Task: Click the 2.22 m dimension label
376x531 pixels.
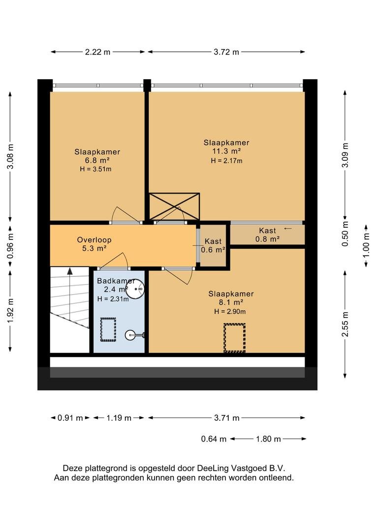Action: [x=97, y=52]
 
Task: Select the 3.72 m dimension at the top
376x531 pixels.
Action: [x=226, y=52]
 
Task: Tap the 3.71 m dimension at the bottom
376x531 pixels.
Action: [x=227, y=418]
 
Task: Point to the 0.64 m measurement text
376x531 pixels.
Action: [x=214, y=439]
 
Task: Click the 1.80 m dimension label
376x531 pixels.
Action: [x=268, y=439]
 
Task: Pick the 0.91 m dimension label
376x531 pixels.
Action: [x=70, y=418]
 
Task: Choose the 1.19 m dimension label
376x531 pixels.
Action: [x=119, y=418]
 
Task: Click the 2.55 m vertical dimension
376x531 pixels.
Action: [x=345, y=324]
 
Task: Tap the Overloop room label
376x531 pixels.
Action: [x=94, y=240]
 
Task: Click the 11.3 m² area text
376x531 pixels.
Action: [x=226, y=151]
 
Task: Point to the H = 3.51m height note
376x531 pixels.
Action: [x=95, y=169]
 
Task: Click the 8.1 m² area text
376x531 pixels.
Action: [x=231, y=302]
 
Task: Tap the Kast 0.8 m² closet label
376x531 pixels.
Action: [x=268, y=235]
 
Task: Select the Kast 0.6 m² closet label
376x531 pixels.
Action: [x=213, y=246]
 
